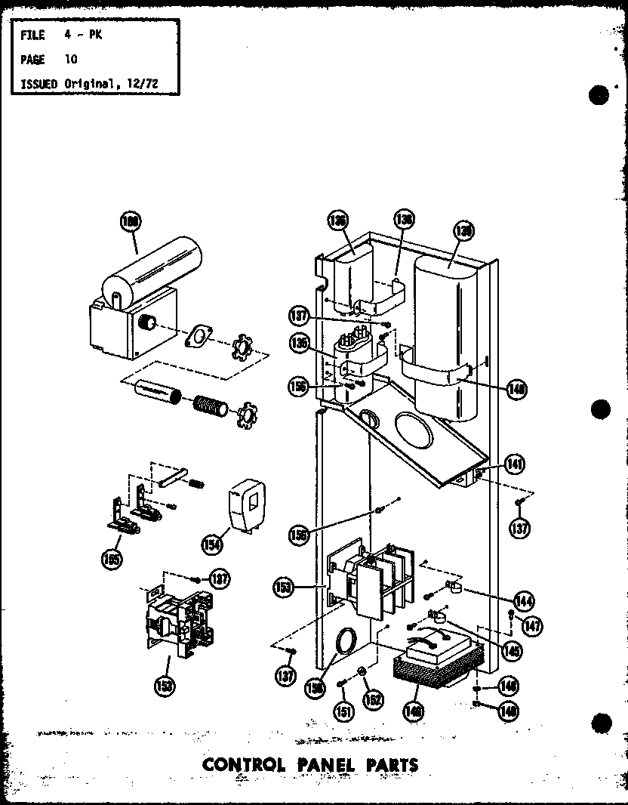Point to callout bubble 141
pyautogui.click(x=516, y=463)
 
